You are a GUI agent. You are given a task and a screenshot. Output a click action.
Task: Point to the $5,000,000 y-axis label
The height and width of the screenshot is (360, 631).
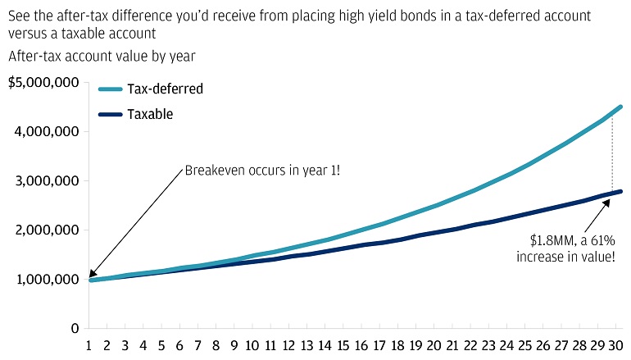point(43,83)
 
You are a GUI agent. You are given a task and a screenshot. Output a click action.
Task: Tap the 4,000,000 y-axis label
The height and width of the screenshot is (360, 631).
point(47,132)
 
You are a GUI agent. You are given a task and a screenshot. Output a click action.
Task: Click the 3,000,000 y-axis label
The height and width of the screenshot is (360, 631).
point(47,180)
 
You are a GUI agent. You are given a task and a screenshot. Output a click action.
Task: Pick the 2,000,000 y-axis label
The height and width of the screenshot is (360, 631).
point(47,230)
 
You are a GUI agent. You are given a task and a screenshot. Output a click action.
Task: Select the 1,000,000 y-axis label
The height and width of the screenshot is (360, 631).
point(48,279)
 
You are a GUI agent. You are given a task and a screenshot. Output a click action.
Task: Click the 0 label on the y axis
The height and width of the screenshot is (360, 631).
point(75,329)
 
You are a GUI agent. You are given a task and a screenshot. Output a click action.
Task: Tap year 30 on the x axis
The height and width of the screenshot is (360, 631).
point(615,345)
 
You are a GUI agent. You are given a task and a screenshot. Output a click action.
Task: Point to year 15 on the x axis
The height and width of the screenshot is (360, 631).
point(343,345)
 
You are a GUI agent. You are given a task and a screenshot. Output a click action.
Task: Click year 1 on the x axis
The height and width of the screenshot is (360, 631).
point(89,345)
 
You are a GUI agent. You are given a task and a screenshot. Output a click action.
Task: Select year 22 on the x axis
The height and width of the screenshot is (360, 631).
point(470,345)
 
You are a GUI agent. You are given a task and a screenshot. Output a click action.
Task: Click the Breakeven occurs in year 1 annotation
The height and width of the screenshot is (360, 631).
point(262,171)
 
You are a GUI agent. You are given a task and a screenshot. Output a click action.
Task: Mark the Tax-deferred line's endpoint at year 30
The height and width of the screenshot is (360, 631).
point(620,107)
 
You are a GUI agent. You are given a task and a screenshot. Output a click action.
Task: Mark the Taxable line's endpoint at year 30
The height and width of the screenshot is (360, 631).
point(620,192)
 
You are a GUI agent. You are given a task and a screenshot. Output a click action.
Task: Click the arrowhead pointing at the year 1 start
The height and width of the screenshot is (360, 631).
point(92,273)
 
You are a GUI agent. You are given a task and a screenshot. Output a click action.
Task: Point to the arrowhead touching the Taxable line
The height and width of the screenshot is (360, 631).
point(606,203)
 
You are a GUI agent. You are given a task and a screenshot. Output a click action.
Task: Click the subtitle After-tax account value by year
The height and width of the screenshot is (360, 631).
point(102,56)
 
